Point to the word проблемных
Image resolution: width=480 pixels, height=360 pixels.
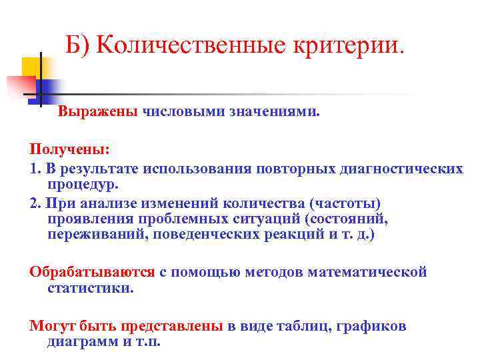point(172,219)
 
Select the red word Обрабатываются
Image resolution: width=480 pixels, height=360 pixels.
point(92,272)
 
